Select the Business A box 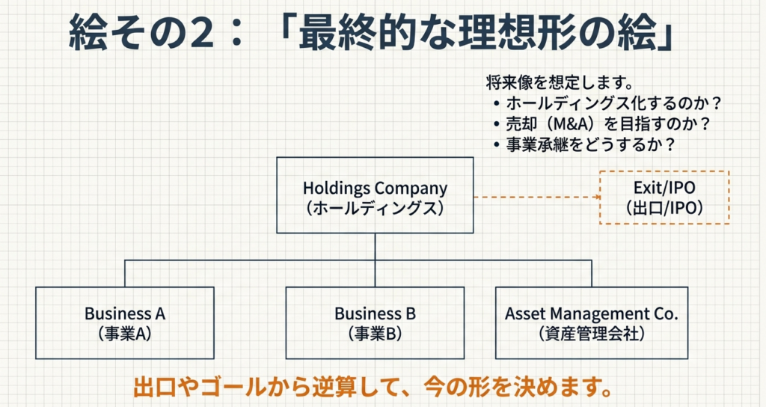[x=125, y=322]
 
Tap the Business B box [x=375, y=322]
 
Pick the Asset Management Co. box [x=591, y=322]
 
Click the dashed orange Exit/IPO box [x=664, y=198]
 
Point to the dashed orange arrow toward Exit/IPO [x=537, y=198]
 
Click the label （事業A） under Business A [x=125, y=334]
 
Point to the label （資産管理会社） [x=591, y=334]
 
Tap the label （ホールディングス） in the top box [x=375, y=208]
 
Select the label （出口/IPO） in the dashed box [x=664, y=209]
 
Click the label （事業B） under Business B [x=375, y=334]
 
